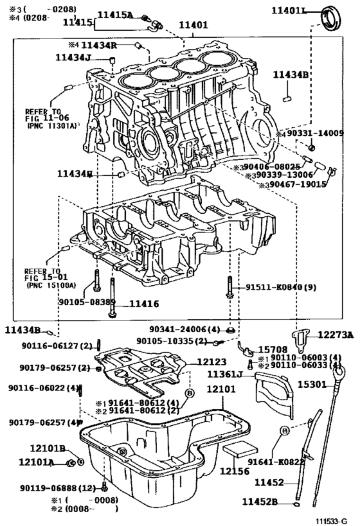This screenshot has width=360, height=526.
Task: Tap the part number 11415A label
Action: pyautogui.click(x=116, y=15)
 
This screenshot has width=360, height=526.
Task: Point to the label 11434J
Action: pyautogui.click(x=74, y=58)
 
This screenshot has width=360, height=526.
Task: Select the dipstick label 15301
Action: pyautogui.click(x=311, y=384)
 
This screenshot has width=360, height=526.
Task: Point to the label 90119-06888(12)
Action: pyautogui.click(x=62, y=488)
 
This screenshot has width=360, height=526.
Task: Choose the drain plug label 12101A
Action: pyautogui.click(x=38, y=460)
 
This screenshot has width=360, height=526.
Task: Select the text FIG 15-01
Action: pyautogui.click(x=41, y=277)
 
